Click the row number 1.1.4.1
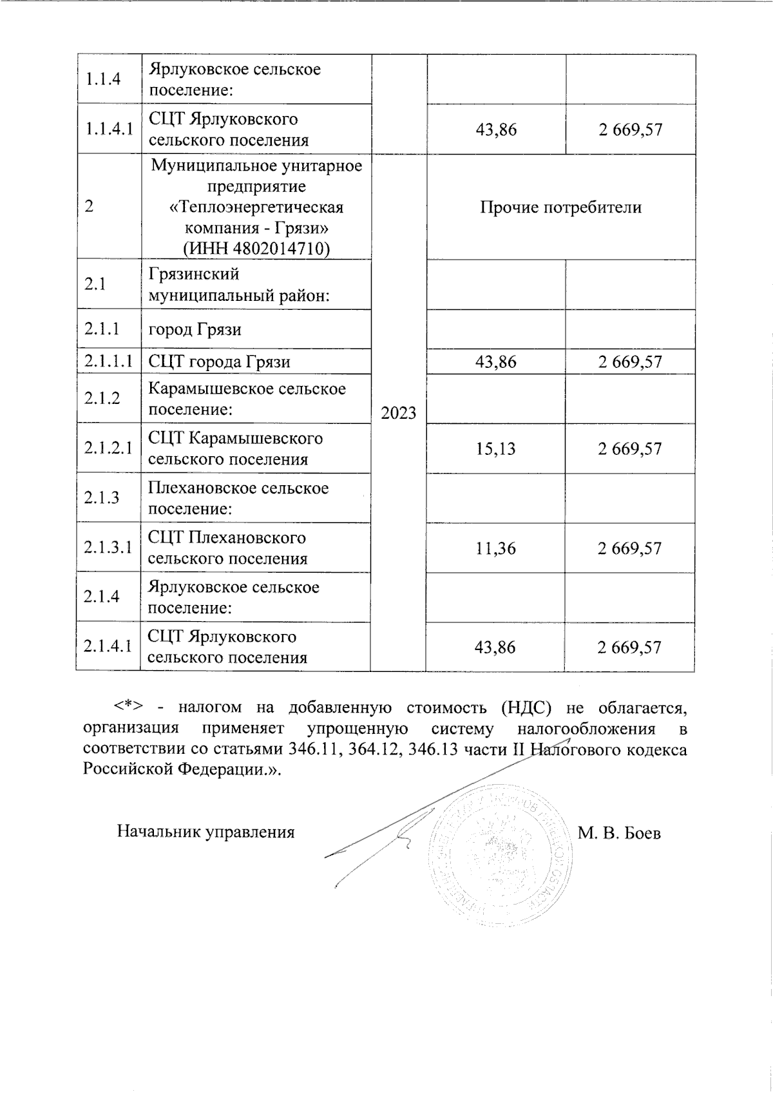108,129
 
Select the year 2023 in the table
399,413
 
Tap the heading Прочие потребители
560,207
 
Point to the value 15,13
495,448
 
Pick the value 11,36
495,548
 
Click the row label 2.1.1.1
108,361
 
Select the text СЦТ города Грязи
219,361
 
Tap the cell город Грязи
195,330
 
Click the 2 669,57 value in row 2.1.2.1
629,448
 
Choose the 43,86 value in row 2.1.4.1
495,648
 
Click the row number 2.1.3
101,497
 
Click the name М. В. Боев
619,833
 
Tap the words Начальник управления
205,832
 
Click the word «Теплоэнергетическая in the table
256,207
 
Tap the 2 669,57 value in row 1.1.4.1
630,130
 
